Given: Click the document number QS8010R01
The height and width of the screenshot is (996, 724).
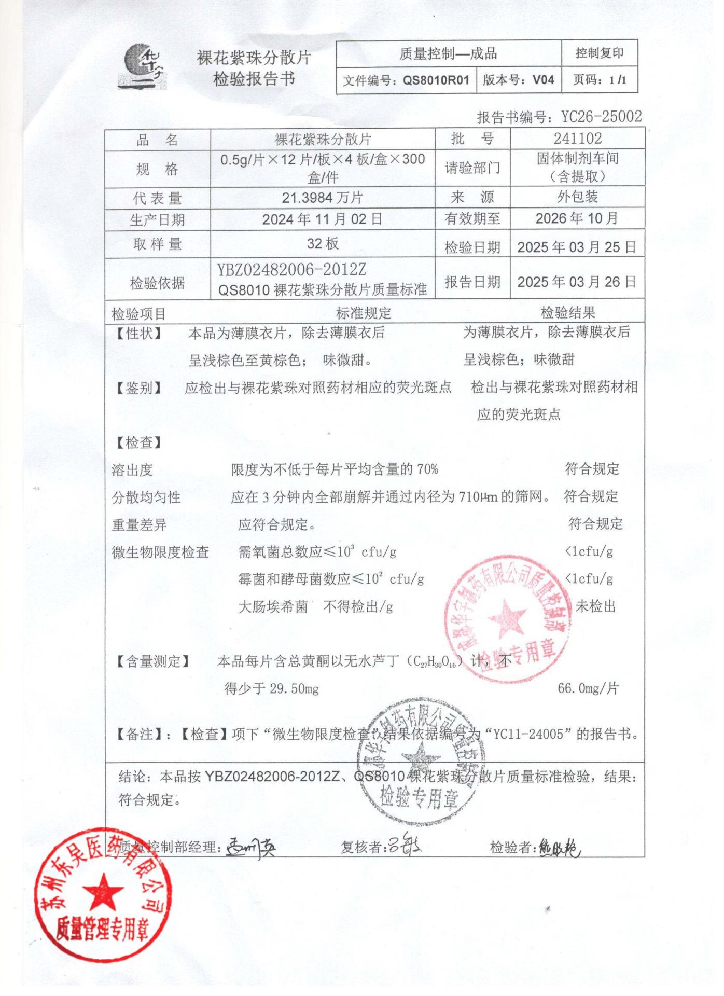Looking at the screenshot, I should [x=436, y=80].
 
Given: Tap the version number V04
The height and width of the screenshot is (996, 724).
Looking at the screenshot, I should [x=544, y=80].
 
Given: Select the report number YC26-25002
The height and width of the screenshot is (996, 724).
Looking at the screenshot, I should [x=602, y=117].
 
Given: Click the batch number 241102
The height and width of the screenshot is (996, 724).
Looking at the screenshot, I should [x=578, y=139].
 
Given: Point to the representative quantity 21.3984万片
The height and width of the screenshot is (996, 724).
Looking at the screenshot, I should [x=322, y=198].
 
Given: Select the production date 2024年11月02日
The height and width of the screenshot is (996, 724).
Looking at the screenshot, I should [x=322, y=219].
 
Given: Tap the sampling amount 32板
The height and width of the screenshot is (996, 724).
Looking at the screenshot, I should [x=322, y=244].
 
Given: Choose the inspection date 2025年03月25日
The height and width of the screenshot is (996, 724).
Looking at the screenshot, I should [x=577, y=247].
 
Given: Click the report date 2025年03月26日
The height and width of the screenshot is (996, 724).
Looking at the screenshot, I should [x=577, y=282].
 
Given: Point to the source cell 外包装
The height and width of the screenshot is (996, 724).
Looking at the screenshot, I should [x=578, y=197].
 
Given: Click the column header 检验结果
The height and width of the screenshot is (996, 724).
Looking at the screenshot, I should [x=568, y=313].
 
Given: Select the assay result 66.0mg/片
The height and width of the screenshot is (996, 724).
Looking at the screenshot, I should [x=588, y=688].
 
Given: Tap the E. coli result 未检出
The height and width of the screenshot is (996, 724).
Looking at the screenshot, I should [x=595, y=606].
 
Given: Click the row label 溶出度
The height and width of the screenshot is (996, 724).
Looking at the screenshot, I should [x=133, y=470].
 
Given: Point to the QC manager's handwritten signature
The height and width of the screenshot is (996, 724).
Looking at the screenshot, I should [x=251, y=848].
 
